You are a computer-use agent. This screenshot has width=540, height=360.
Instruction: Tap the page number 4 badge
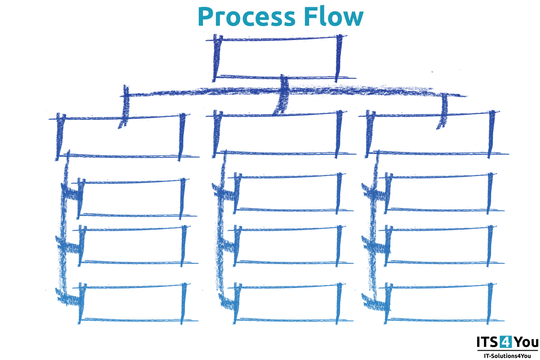(x=505, y=342)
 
